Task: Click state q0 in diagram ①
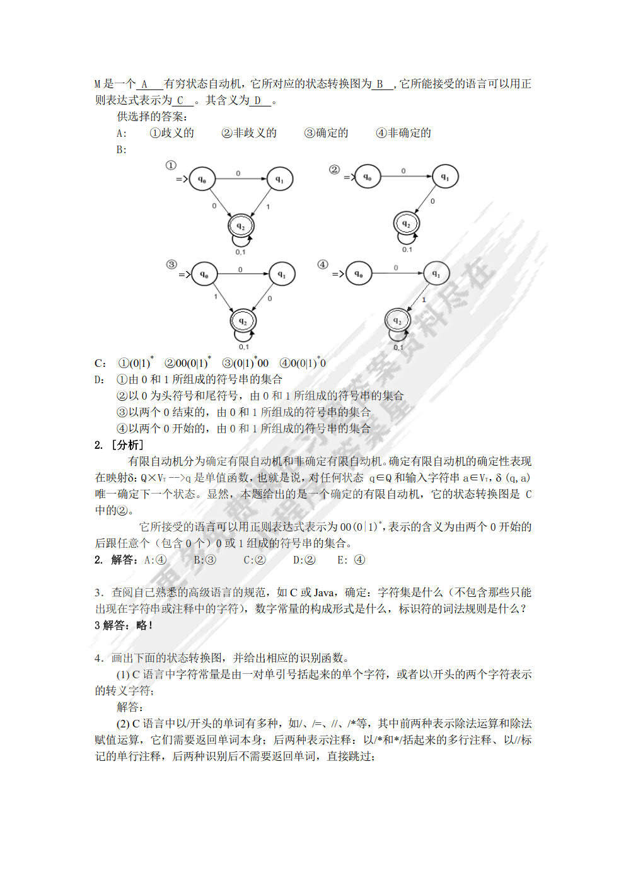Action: coord(202,179)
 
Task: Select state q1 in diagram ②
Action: coord(444,177)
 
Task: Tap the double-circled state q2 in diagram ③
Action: coord(243,321)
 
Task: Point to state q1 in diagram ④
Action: coord(436,274)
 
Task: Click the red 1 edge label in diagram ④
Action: coord(424,300)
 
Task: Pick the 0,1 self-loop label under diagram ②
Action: coord(407,250)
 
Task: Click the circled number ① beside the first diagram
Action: coord(171,165)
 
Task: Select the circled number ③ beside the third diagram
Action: coord(171,264)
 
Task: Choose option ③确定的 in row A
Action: coord(326,133)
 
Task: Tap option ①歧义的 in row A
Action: coord(171,133)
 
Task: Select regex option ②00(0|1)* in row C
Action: coord(187,362)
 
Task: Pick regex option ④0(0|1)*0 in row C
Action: coord(303,362)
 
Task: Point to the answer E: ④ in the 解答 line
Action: coord(351,560)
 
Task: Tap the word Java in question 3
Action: coord(324,593)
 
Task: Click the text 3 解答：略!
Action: coord(124,625)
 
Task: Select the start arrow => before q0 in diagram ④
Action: coord(338,274)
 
